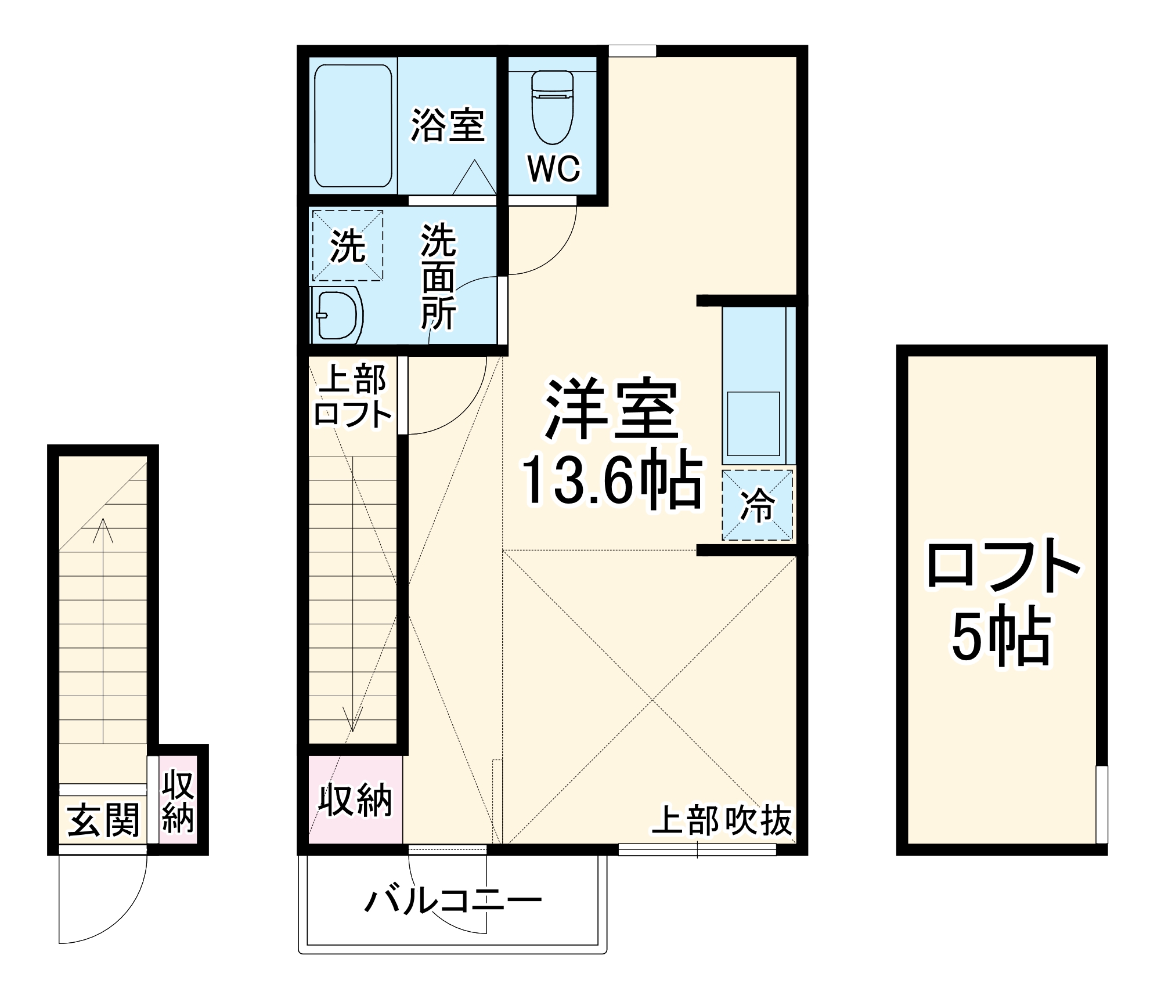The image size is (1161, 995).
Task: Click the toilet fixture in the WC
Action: tap(552, 108)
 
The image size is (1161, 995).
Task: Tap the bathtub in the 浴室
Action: tap(353, 126)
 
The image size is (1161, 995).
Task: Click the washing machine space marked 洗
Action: tap(348, 245)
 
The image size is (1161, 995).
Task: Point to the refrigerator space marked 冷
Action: tap(757, 505)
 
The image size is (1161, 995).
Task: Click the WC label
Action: tap(553, 169)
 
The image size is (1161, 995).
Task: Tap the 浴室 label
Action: tap(447, 125)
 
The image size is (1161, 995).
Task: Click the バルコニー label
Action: tap(453, 901)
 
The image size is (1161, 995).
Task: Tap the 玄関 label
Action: tap(103, 820)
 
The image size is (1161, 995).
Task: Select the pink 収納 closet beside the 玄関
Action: tap(178, 802)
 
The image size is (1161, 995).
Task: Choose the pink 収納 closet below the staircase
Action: tap(355, 800)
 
